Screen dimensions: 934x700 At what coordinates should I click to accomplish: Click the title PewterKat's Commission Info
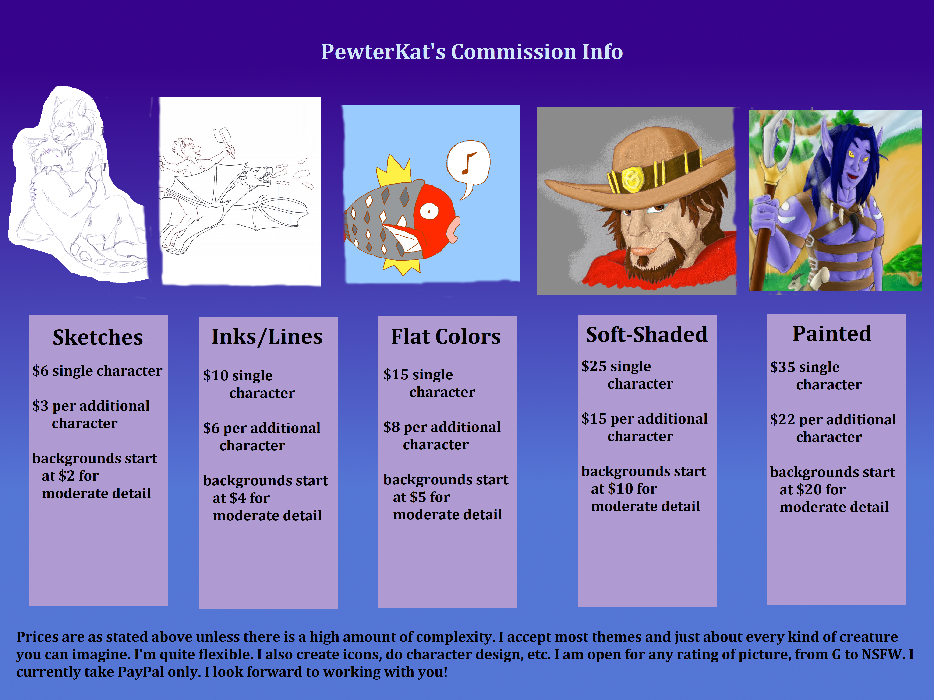pyautogui.click(x=472, y=52)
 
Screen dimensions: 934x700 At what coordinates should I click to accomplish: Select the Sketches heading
pyautogui.click(x=98, y=338)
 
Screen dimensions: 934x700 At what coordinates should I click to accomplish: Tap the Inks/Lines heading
pyautogui.click(x=267, y=337)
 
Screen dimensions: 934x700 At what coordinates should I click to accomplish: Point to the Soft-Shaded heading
pyautogui.click(x=647, y=335)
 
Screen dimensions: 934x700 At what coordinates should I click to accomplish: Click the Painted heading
pyautogui.click(x=832, y=333)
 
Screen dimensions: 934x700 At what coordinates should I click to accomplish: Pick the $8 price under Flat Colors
pyautogui.click(x=391, y=427)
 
